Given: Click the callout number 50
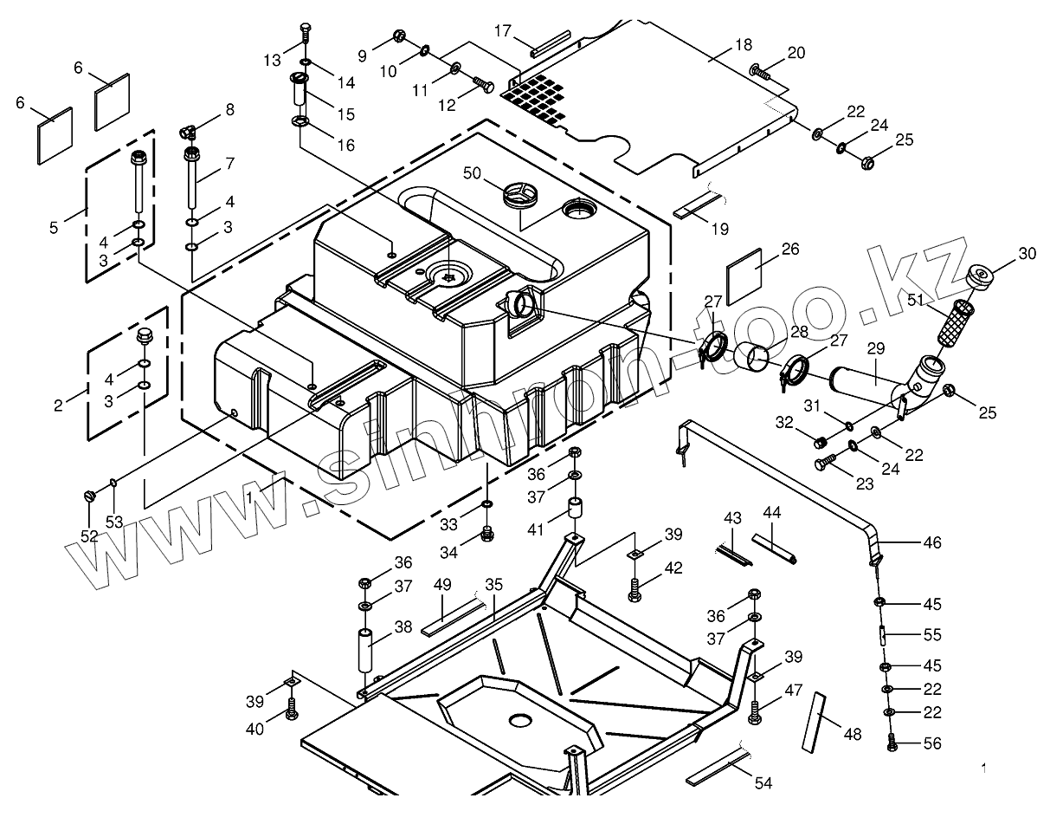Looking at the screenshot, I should (x=472, y=173).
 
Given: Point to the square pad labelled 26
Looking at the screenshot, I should (x=745, y=276).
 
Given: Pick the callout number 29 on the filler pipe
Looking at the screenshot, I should (x=875, y=348).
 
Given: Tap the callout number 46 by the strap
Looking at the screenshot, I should (x=931, y=543).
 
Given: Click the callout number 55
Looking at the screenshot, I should (x=931, y=634).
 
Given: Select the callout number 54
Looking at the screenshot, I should (x=762, y=783).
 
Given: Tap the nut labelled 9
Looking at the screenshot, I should (x=399, y=36).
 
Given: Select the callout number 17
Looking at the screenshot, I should (x=503, y=30).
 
